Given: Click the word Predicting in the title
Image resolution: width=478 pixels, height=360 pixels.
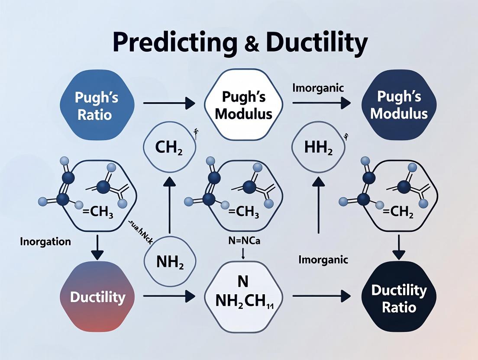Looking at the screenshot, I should click(x=172, y=43).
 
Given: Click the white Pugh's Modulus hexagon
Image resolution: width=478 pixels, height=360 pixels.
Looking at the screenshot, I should click(x=243, y=106).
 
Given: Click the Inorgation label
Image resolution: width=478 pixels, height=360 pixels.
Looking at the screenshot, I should click(x=45, y=241).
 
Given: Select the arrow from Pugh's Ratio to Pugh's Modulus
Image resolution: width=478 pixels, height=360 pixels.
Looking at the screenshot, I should click(x=169, y=103).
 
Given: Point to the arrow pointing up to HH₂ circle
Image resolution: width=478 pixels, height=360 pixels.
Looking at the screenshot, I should click(x=319, y=203).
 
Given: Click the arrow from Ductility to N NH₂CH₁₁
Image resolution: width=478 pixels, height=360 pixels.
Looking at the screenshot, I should click(x=169, y=296).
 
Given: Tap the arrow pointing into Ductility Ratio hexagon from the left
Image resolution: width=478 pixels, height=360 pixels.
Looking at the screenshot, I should click(x=321, y=296).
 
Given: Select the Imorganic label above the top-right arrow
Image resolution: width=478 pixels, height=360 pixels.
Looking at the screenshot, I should click(x=318, y=88).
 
